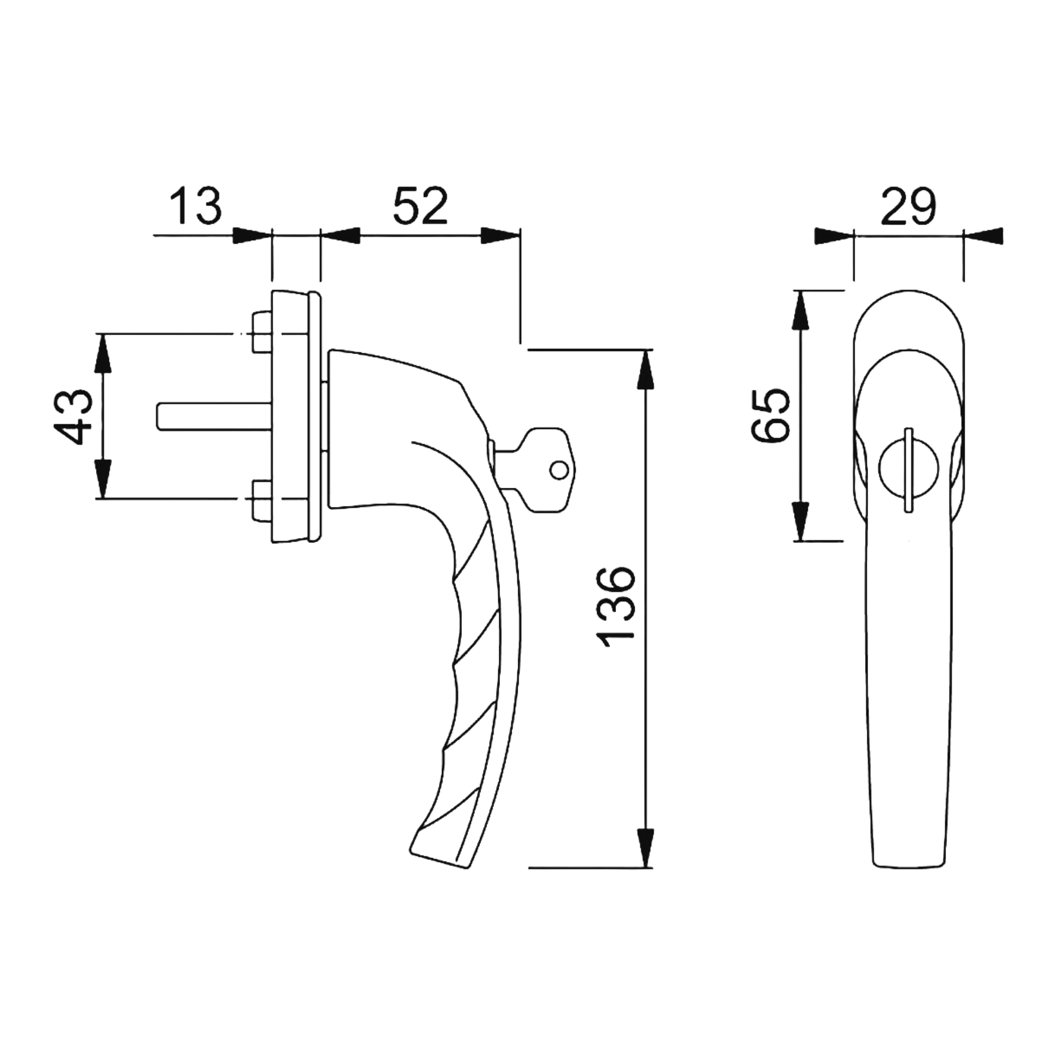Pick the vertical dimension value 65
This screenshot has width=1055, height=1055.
click(x=770, y=416)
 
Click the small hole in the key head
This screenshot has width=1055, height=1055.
click(x=559, y=469)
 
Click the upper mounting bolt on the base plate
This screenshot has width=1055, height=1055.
click(x=261, y=332)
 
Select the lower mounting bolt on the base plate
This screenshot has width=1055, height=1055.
click(x=261, y=499)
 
